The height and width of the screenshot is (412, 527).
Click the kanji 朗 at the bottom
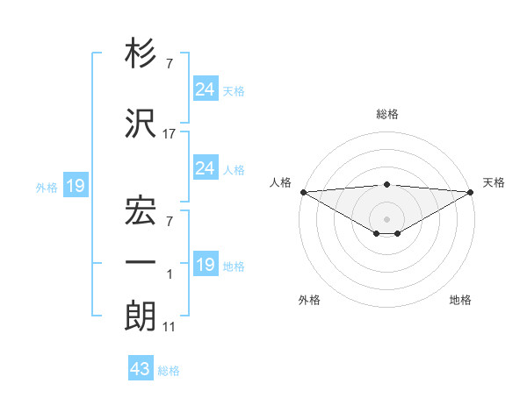pos(141,316)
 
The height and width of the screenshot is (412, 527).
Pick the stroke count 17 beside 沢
pos(170,134)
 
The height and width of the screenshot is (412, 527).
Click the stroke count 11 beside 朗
pos(170,328)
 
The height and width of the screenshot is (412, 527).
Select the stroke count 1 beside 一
pos(170,274)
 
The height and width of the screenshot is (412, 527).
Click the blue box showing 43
pos(141,370)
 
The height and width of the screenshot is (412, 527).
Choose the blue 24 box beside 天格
pos(205,89)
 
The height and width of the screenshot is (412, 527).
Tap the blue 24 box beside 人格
pos(205,167)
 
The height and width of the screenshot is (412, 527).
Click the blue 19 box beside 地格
pos(205,265)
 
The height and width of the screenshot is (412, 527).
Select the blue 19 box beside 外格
pos(76,185)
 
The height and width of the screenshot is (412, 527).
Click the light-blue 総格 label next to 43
pos(169,371)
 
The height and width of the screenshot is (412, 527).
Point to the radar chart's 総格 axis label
pos(386,115)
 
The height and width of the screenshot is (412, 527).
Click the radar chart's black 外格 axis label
pos(309,300)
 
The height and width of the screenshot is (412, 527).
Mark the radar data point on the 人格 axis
pos(303,191)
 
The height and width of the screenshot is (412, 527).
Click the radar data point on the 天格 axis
pos(471,191)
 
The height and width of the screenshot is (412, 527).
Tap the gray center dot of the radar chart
pos(386,217)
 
